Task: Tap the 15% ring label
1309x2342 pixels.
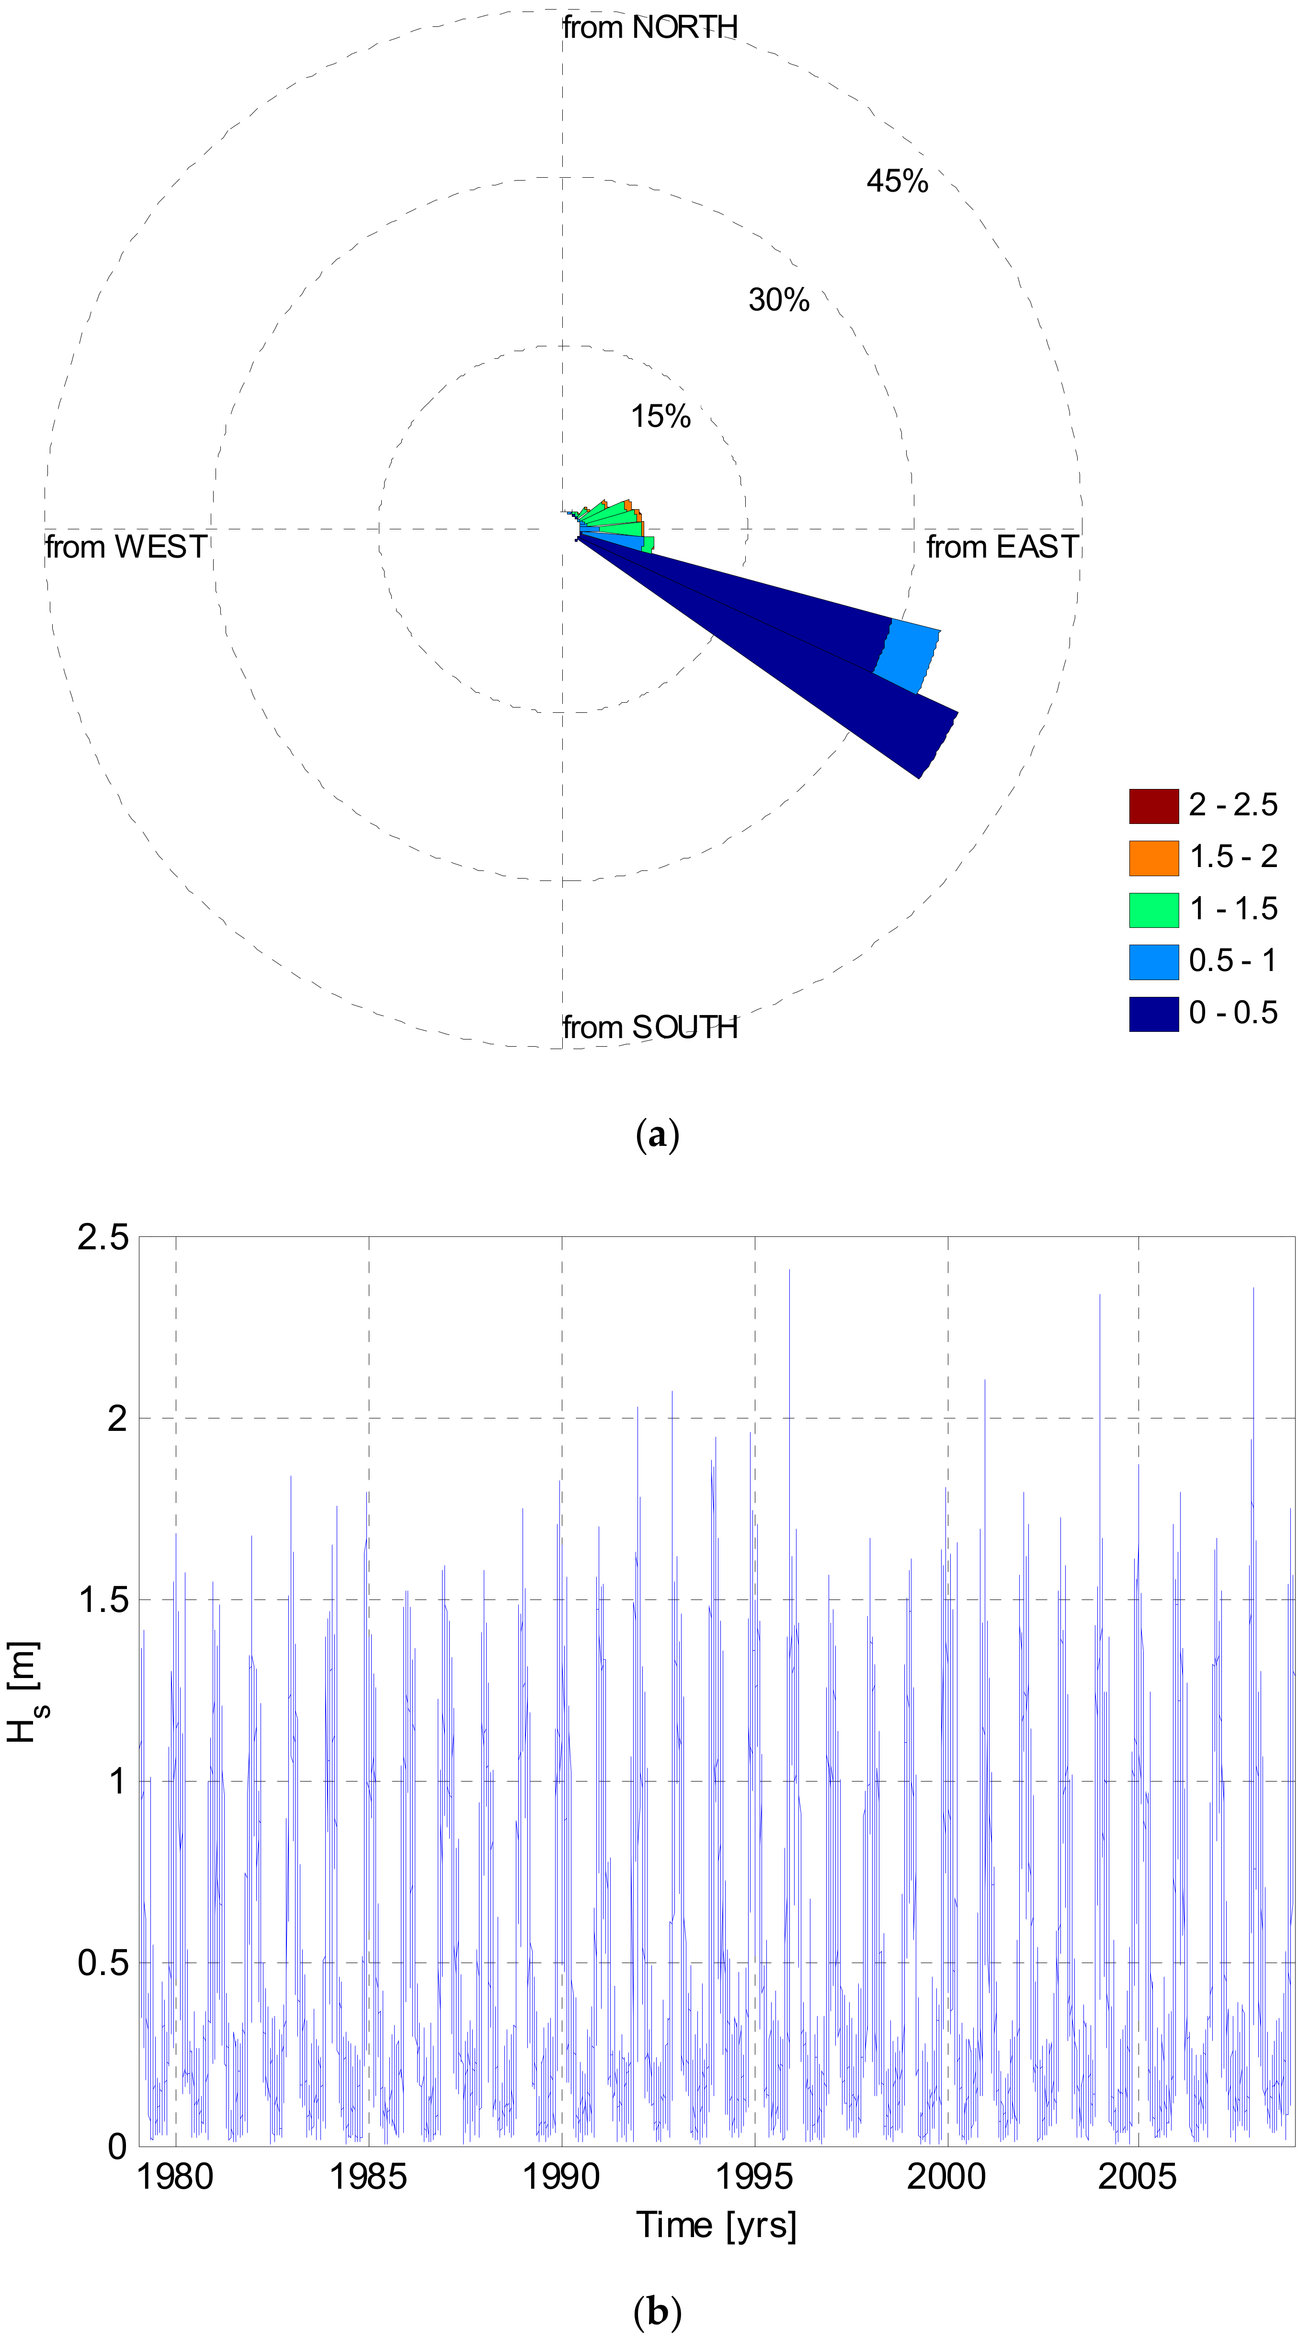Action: [661, 416]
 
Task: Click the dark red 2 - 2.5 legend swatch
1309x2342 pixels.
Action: [1153, 806]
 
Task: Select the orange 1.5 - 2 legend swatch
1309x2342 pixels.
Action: [1153, 857]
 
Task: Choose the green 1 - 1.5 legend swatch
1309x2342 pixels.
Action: [1153, 910]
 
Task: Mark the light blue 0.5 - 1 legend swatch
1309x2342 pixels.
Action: [1153, 962]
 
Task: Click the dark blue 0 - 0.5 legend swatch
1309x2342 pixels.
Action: [1153, 1014]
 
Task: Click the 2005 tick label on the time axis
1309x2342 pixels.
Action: [1137, 2177]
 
